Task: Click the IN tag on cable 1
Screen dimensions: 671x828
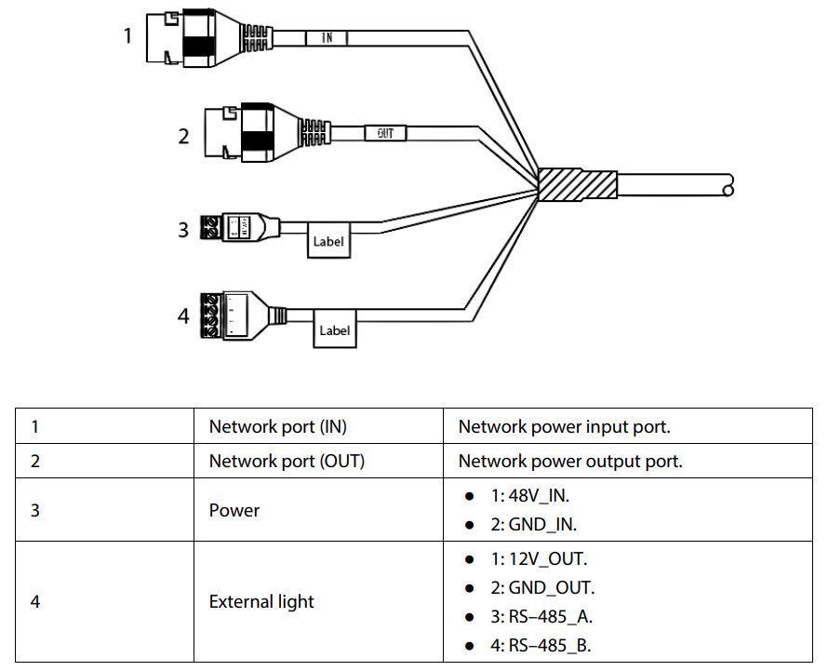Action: coord(327,37)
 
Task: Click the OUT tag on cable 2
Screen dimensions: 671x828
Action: coord(385,133)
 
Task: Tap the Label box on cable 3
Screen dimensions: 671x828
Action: coord(328,241)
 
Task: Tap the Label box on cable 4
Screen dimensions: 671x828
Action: coord(334,329)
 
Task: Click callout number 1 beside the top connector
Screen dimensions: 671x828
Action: coord(128,35)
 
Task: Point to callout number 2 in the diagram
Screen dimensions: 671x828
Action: coord(183,137)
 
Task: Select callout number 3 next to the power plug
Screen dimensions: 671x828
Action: coord(183,228)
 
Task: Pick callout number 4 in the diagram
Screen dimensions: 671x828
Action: coord(183,316)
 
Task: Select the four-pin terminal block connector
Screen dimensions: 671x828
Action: coord(214,314)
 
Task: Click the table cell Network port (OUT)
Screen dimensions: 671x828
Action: coord(287,461)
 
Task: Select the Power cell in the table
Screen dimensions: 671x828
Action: coord(234,510)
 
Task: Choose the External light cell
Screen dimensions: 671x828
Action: coord(261,601)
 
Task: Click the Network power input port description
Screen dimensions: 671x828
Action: coord(564,427)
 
